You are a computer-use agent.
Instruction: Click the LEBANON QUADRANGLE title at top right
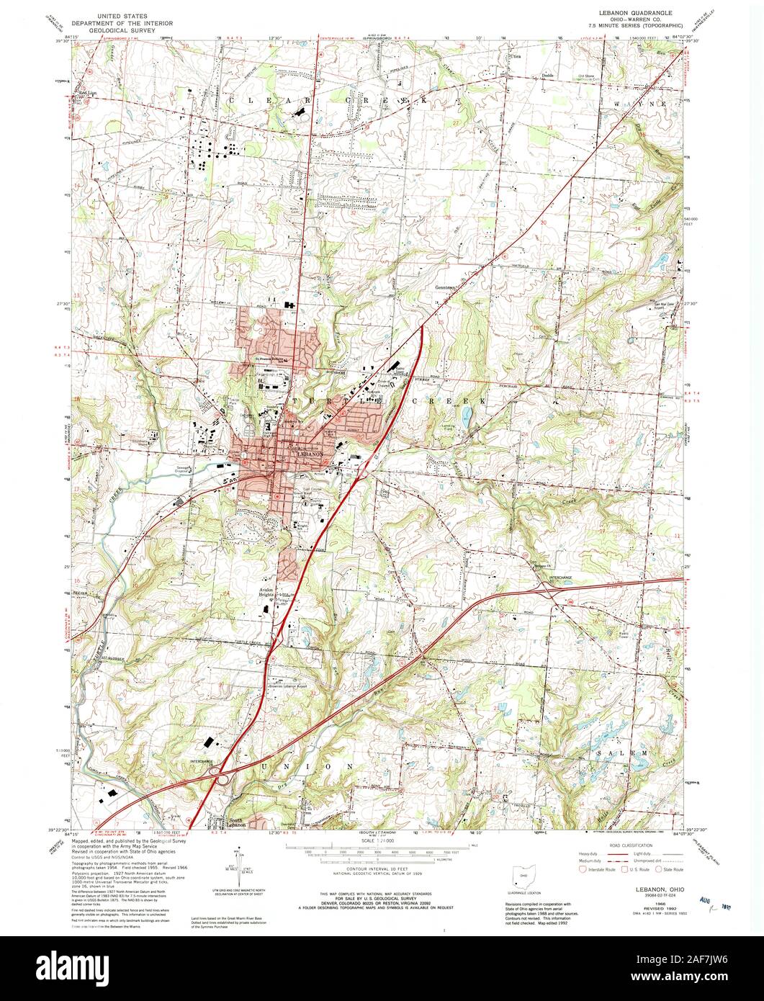point(634,13)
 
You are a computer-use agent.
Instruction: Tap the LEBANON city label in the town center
point(313,455)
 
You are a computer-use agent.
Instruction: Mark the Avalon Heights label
point(271,591)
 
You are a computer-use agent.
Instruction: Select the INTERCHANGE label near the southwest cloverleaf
point(202,760)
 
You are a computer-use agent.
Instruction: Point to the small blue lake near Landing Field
point(467,415)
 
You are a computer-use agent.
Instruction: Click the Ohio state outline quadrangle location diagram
point(521,877)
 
